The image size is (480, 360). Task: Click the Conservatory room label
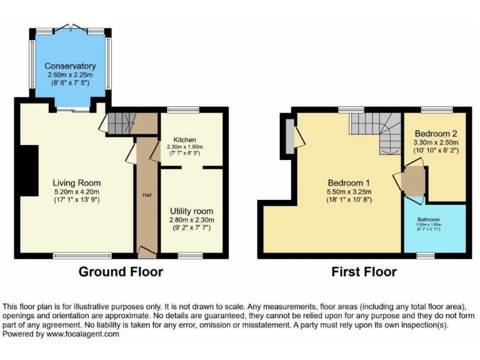(70, 66)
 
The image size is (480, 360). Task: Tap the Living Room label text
(76, 183)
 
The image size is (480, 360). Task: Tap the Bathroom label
(429, 220)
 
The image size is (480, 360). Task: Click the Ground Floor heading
(121, 272)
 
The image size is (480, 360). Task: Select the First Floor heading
(364, 272)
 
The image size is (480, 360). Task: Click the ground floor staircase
(121, 123)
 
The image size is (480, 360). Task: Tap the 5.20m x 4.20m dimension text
(76, 192)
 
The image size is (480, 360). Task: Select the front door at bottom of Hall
(147, 252)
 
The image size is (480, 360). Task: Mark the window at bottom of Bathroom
(426, 255)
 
